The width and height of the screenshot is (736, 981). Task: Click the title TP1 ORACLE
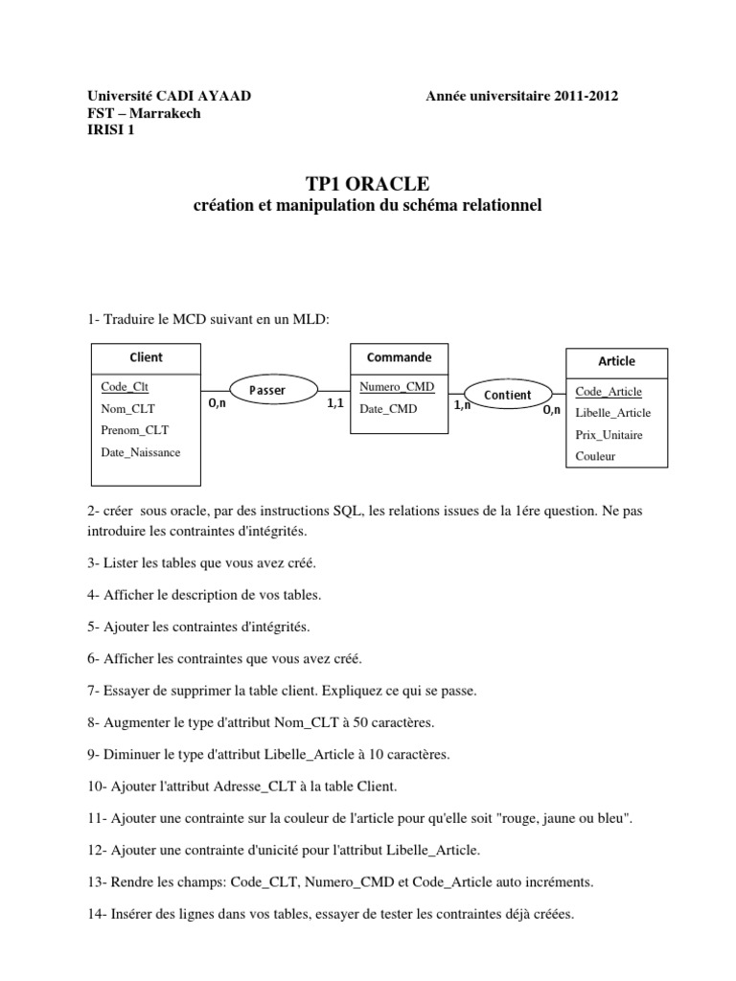368,183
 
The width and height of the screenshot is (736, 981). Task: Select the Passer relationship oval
267,390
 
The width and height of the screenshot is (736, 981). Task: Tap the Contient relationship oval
507,395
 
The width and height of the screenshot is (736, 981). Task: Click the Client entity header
146,357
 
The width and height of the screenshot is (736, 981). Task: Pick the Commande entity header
399,357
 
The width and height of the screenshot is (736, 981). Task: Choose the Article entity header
616,361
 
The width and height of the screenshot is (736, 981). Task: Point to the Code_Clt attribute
125,387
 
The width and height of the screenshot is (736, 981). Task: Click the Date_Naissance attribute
140,452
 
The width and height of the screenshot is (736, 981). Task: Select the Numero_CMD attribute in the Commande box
397,387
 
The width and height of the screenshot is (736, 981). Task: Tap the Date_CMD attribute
388,409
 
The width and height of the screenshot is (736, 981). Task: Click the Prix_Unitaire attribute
609,435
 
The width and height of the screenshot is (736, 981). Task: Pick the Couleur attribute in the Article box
595,456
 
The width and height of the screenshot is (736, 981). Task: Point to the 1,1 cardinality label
334,404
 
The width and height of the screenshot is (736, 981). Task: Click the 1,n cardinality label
462,405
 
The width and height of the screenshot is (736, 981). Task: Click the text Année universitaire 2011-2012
522,96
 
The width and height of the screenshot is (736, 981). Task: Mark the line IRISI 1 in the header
111,131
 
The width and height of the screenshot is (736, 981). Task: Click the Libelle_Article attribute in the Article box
612,413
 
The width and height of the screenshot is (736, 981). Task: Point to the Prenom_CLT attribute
134,430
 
